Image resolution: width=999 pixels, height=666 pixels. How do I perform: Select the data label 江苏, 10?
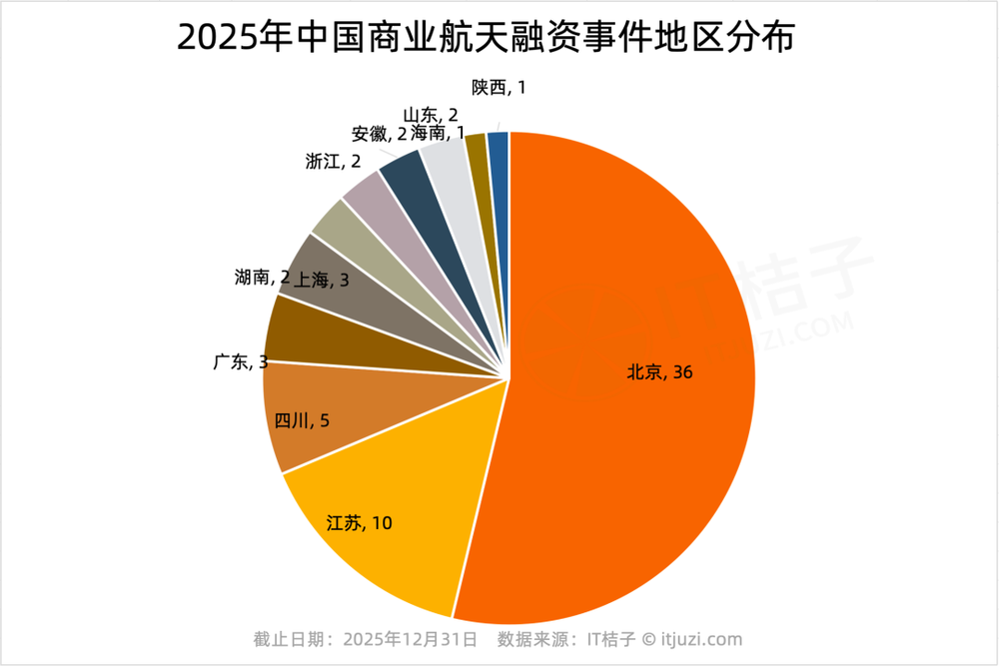coord(360,522)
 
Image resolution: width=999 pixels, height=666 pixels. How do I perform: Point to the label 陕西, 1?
coord(499,88)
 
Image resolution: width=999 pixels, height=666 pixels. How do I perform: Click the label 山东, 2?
coord(431,115)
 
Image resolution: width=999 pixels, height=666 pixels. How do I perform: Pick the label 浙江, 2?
coord(334,162)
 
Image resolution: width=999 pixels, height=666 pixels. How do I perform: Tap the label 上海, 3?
coord(321,281)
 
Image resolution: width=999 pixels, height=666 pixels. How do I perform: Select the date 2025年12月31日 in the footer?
coord(410,639)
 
